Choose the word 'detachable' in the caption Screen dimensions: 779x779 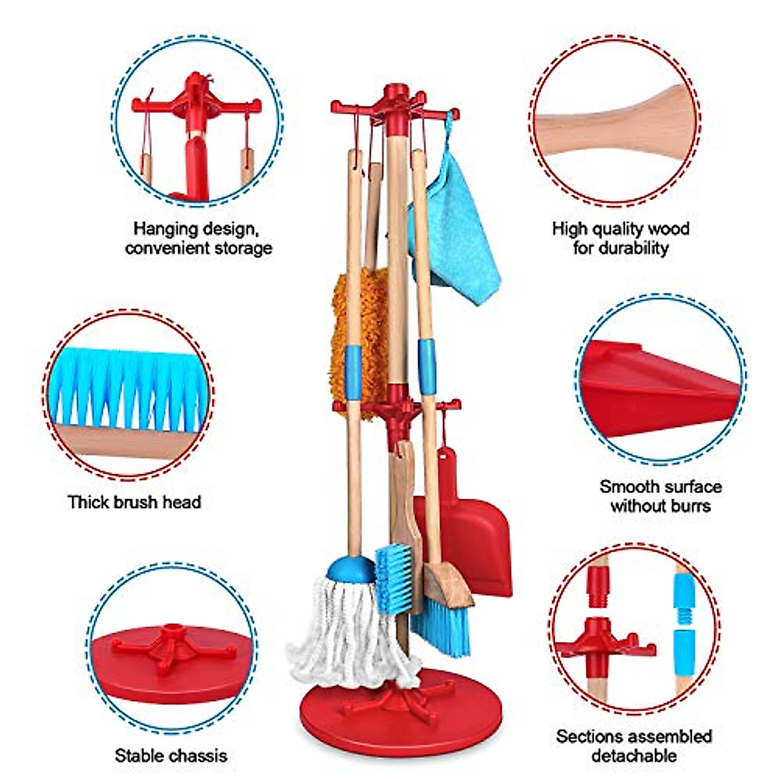point(634,756)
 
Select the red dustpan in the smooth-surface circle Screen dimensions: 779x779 point(656,389)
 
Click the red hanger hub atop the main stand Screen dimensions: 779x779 point(394,104)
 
